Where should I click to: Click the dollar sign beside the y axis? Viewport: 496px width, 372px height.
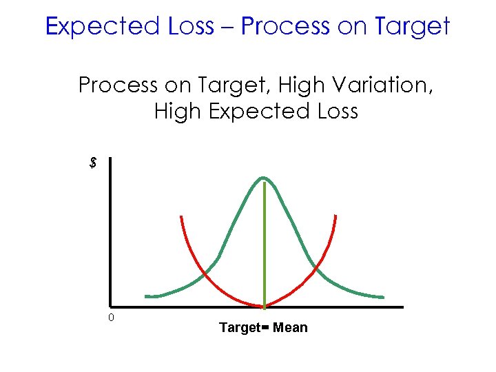point(93,163)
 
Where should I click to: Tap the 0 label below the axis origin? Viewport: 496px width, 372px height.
point(110,318)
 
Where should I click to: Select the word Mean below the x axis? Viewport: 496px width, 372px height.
point(290,328)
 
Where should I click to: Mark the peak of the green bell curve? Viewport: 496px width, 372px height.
point(263,178)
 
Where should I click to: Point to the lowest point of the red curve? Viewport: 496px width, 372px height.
point(262,306)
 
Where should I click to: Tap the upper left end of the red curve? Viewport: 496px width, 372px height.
point(180,217)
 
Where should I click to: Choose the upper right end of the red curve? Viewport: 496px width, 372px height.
point(336,216)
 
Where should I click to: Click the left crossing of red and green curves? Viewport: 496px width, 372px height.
point(205,275)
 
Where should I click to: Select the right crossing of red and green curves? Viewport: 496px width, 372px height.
point(316,268)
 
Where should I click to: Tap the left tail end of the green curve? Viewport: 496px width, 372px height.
point(147,296)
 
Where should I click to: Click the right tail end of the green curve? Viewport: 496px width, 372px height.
point(382,297)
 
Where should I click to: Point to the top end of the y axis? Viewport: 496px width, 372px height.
point(109,159)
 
